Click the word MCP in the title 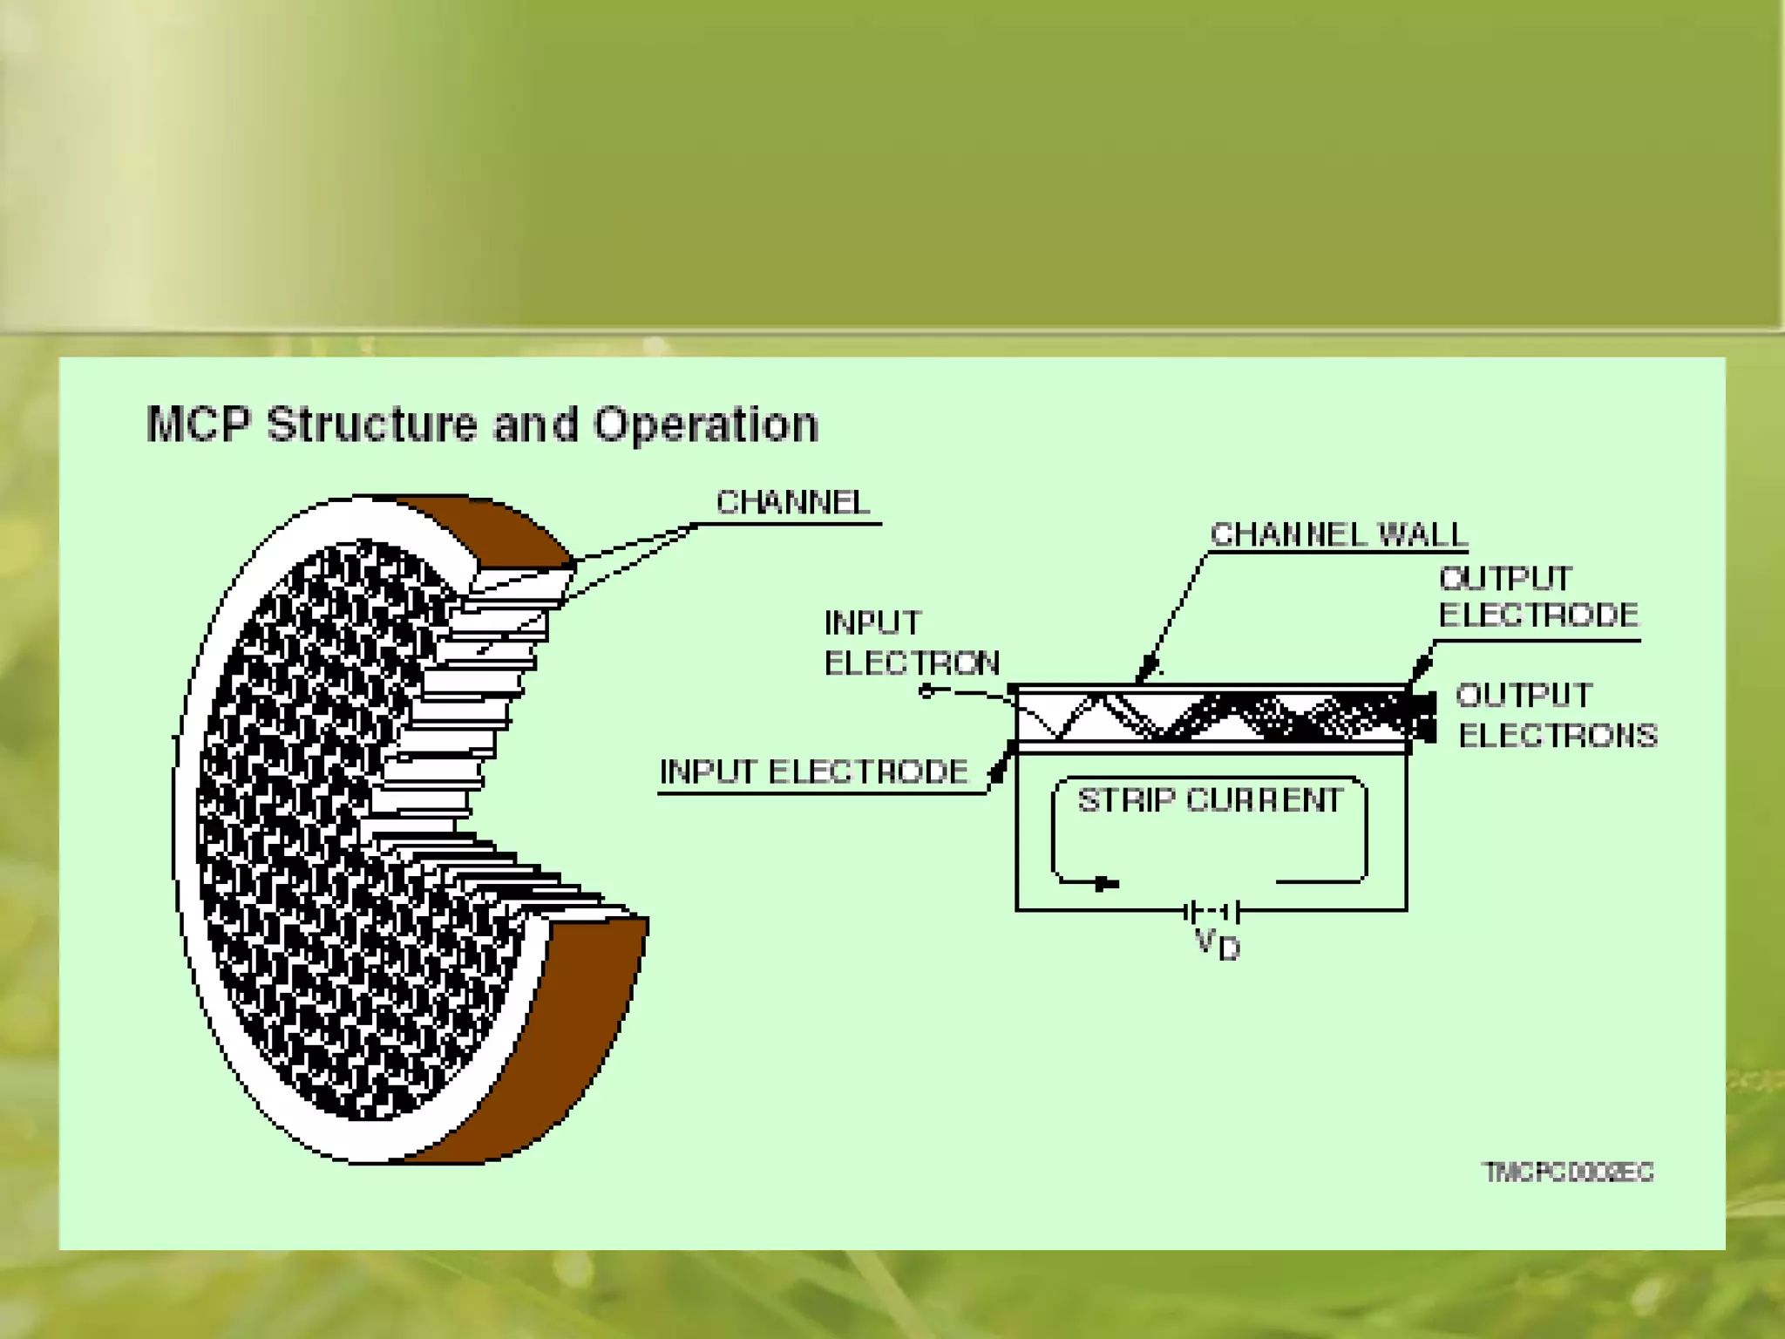[199, 425]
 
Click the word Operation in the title [706, 426]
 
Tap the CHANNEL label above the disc [792, 502]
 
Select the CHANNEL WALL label [1339, 534]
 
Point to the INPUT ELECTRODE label [813, 771]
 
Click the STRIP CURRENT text [1210, 799]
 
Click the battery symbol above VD [1212, 912]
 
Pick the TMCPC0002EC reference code [1568, 1172]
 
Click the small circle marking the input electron [926, 691]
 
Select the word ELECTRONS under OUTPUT [1558, 736]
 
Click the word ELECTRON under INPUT [912, 663]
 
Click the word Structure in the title [370, 425]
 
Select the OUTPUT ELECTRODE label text [1538, 596]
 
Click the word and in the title [535, 425]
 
